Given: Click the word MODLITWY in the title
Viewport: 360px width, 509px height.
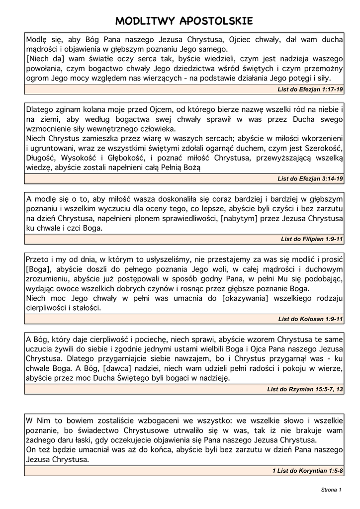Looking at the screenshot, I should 145,21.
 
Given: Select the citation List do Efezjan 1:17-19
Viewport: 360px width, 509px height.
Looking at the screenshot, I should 310,89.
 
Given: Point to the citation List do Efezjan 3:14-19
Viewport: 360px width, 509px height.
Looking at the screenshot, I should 310,178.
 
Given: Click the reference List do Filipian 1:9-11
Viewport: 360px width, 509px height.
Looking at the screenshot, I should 312,239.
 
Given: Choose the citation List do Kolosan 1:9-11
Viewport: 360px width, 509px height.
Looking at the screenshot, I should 310,319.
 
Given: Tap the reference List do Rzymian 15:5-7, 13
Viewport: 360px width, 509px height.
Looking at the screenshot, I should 305,389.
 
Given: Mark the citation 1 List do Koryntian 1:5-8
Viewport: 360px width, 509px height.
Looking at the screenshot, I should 307,470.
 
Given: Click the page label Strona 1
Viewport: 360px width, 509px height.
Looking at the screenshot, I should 331,490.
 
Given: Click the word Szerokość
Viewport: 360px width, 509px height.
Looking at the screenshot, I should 321,148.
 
